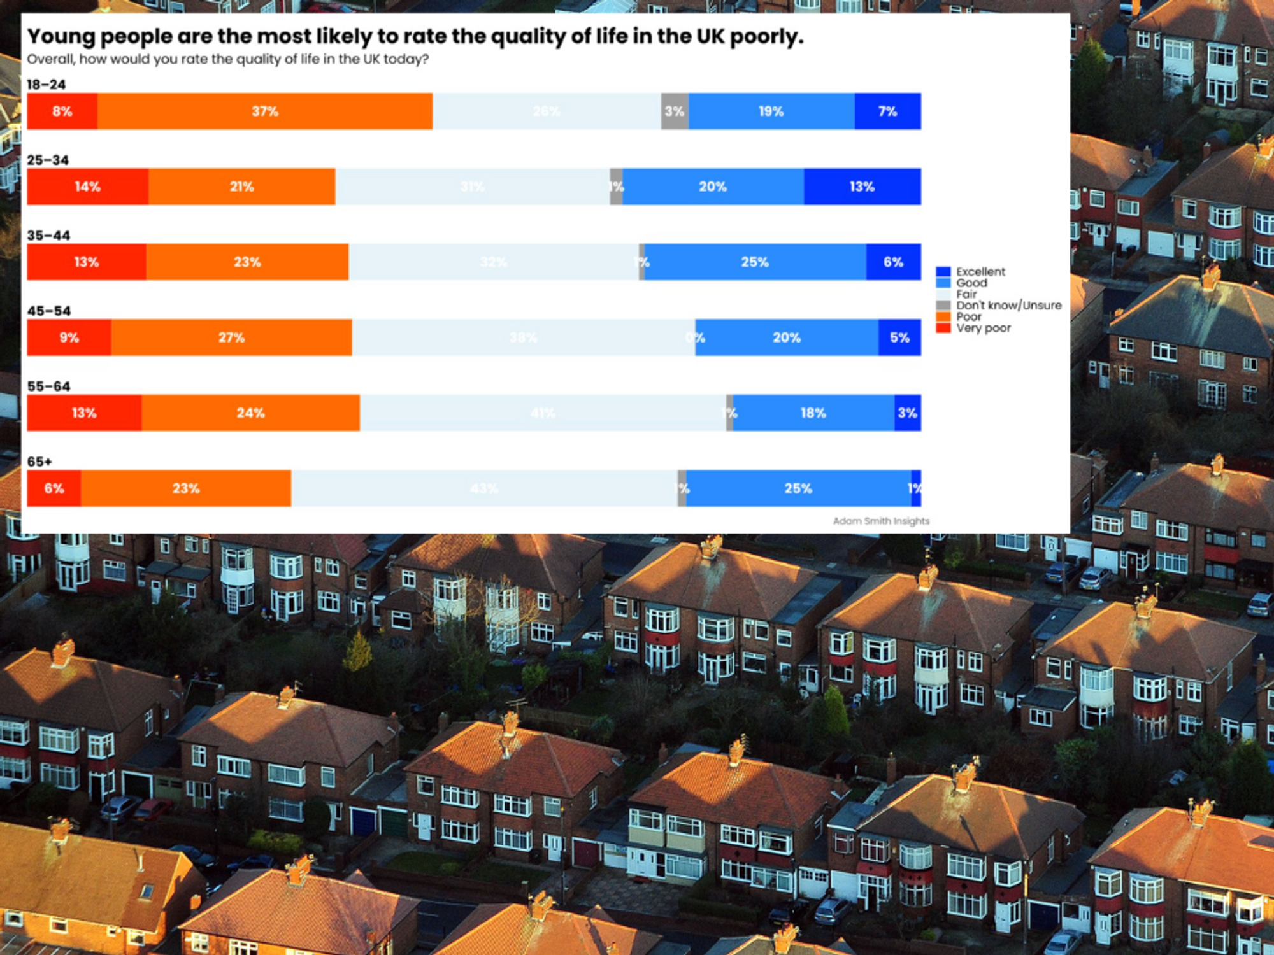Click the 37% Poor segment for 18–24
tap(264, 111)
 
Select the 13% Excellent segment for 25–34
tap(862, 187)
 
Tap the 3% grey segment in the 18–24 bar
tap(675, 111)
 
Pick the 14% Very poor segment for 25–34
tap(87, 187)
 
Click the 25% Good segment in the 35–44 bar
tap(755, 262)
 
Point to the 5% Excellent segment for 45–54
tap(899, 337)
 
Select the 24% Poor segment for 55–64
tap(250, 413)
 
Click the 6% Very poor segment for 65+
tap(54, 488)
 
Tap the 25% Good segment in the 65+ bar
tap(798, 488)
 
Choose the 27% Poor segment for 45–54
tap(231, 337)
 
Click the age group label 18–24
tap(46, 85)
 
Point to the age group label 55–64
tap(48, 386)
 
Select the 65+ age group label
tap(39, 462)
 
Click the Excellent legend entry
tap(980, 272)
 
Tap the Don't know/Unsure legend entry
tap(1008, 306)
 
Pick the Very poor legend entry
tap(983, 328)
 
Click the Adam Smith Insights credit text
tap(881, 521)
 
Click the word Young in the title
tap(61, 37)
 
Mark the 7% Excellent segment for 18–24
tap(887, 111)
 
